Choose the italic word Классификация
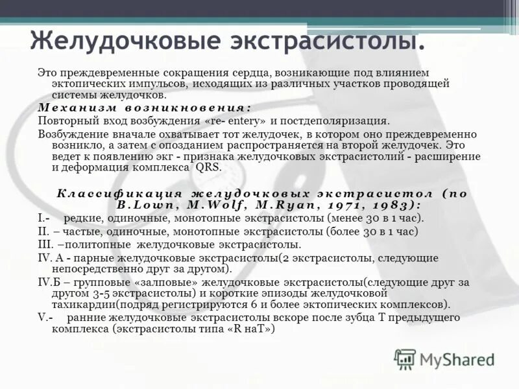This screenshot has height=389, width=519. click(x=119, y=194)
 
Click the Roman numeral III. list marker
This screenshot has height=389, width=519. click(x=45, y=244)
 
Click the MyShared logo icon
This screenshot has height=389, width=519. click(x=405, y=358)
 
